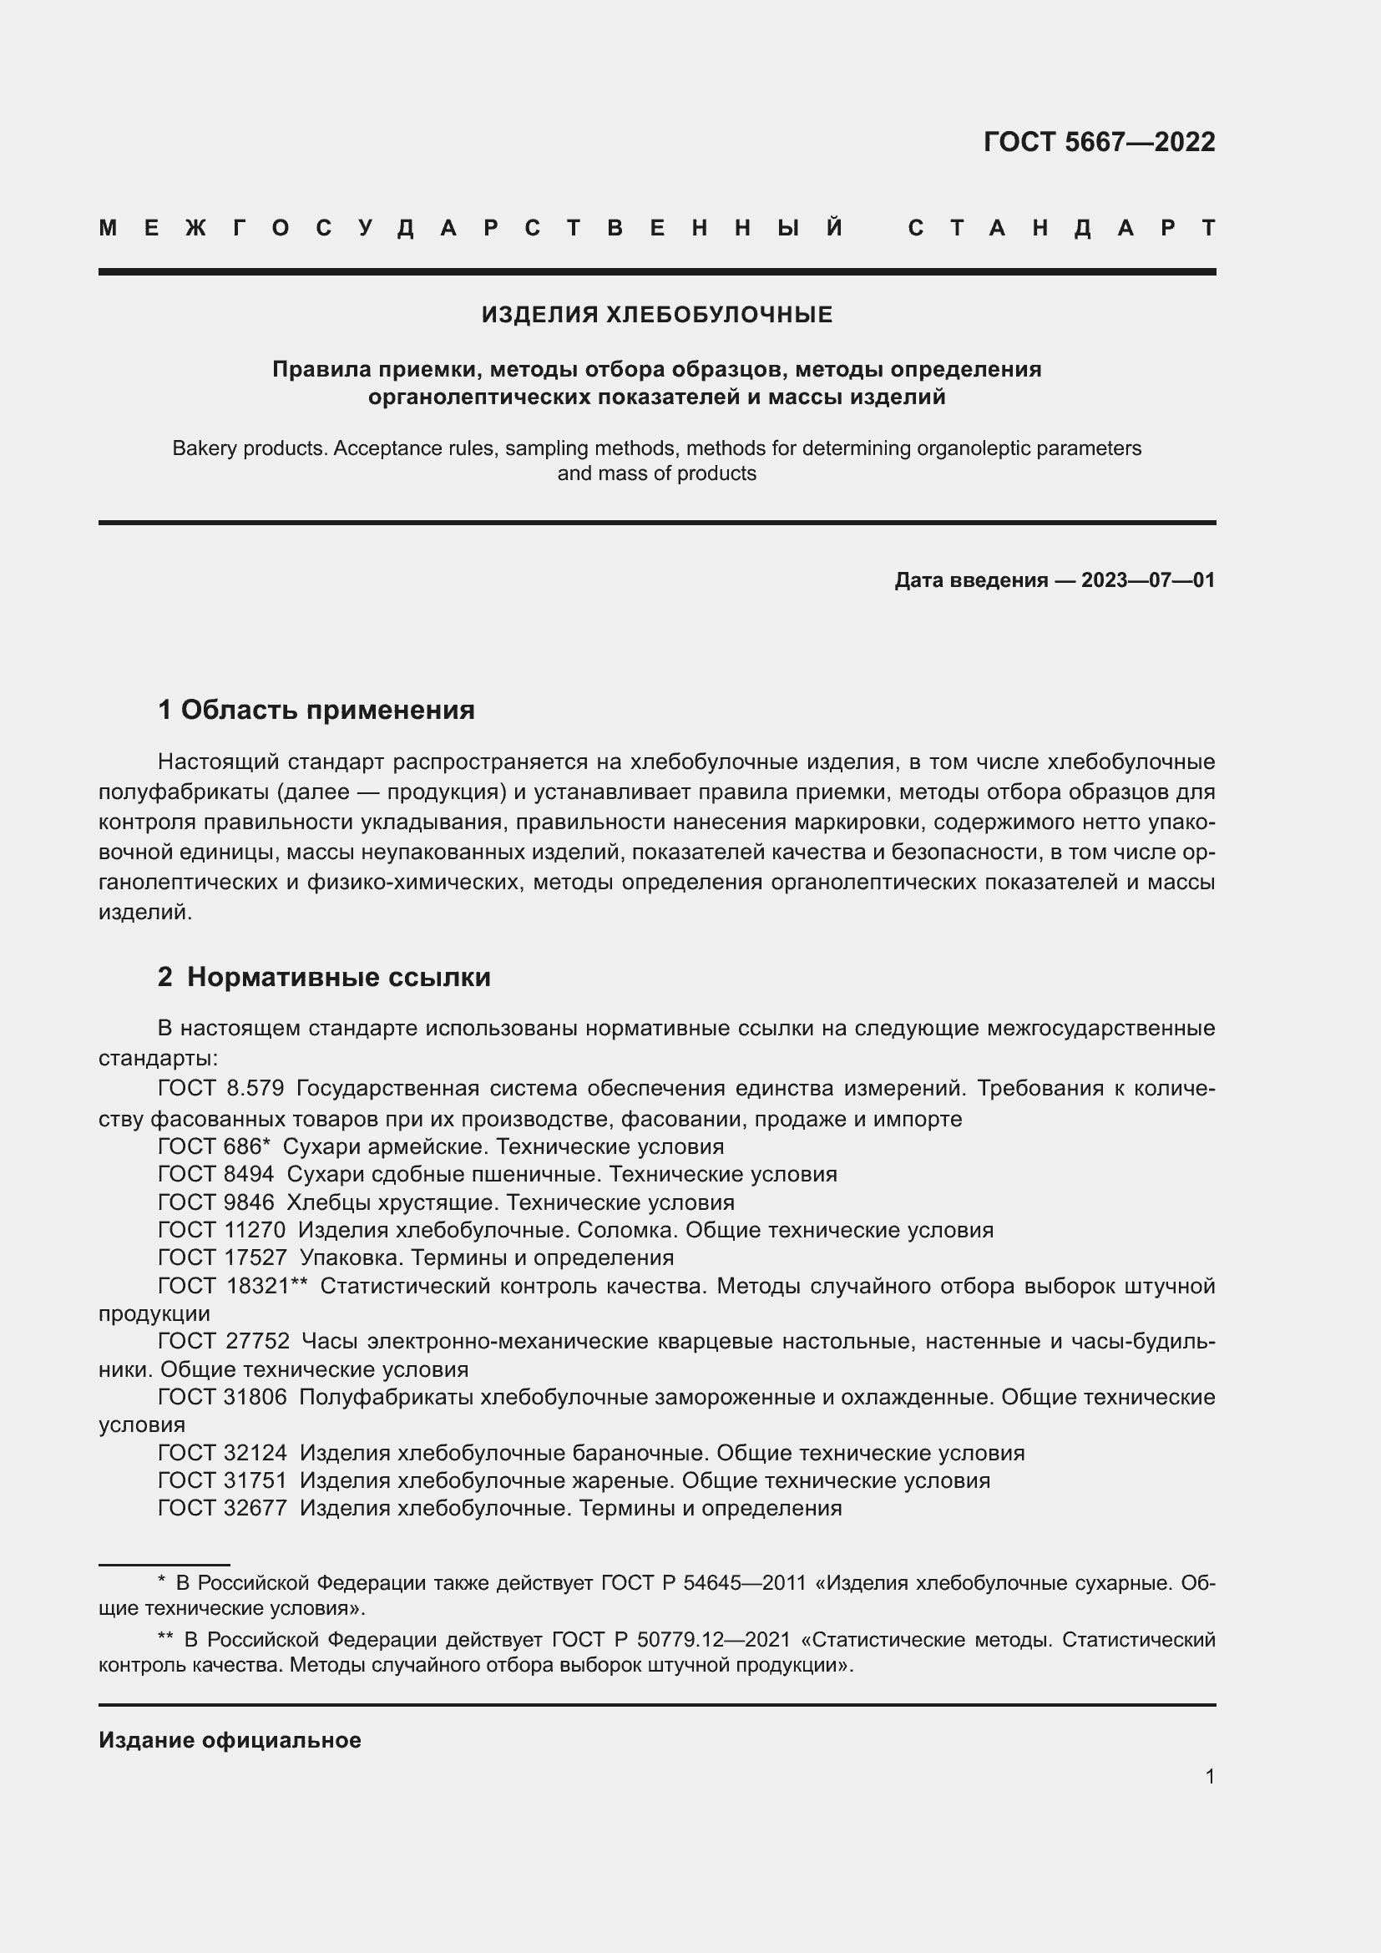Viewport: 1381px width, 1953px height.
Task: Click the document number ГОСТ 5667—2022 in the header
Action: coord(1099,142)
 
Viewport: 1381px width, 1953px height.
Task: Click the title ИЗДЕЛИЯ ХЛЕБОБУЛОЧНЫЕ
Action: coord(656,315)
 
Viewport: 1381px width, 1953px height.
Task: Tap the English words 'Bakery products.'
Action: coord(250,448)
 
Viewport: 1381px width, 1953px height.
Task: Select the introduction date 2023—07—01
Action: coord(1147,580)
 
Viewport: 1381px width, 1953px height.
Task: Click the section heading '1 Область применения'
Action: coord(316,710)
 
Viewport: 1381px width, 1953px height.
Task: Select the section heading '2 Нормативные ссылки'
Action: coord(324,977)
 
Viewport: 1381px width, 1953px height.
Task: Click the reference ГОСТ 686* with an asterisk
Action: coord(215,1146)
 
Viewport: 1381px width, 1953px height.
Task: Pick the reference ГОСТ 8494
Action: coord(216,1174)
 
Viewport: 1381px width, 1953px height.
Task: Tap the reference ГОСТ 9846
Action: coord(216,1202)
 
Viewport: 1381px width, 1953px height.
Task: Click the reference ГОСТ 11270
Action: coord(222,1230)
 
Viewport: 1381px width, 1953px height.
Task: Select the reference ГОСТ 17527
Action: coord(222,1257)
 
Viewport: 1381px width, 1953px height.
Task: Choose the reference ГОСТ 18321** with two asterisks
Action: coord(232,1285)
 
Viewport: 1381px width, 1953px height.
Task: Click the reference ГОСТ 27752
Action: coord(224,1342)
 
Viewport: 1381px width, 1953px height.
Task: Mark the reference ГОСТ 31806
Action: coord(223,1397)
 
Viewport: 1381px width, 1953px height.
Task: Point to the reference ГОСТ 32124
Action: coord(223,1453)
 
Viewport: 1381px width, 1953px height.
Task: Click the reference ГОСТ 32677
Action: coord(223,1508)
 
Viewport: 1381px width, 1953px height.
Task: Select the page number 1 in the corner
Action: coord(1209,1776)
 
